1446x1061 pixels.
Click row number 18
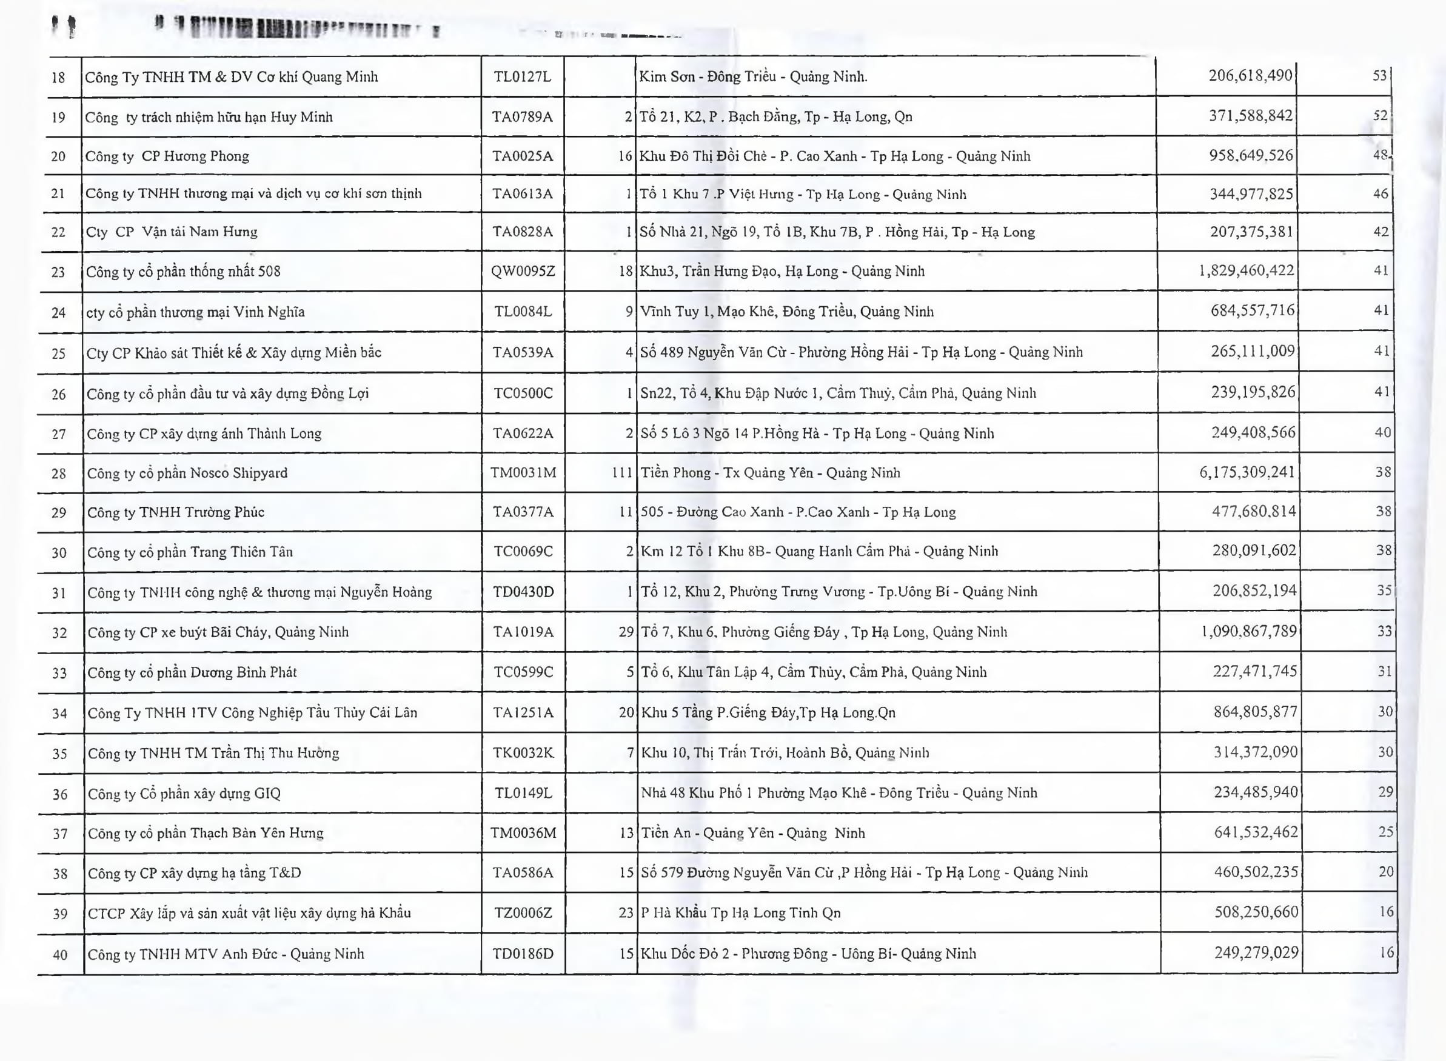coord(58,78)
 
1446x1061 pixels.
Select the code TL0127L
coord(522,77)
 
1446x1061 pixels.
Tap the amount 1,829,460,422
coord(1247,270)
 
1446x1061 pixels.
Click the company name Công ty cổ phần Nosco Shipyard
coord(187,474)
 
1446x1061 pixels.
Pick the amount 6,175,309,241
coord(1247,473)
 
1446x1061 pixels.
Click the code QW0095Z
coord(523,271)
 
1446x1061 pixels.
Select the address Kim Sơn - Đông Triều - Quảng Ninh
coord(753,77)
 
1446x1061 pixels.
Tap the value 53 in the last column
coord(1380,76)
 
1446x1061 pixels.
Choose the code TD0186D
coord(523,954)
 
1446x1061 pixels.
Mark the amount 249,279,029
coord(1256,952)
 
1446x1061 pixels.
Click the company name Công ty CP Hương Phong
coord(167,156)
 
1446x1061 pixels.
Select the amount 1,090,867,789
coord(1249,631)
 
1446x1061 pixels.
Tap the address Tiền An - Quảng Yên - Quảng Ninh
coord(753,833)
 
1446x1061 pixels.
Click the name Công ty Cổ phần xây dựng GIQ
coord(184,794)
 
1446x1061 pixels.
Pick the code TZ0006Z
coord(523,912)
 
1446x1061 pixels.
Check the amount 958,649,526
coord(1251,155)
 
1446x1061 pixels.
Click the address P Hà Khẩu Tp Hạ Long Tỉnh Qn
coord(741,912)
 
